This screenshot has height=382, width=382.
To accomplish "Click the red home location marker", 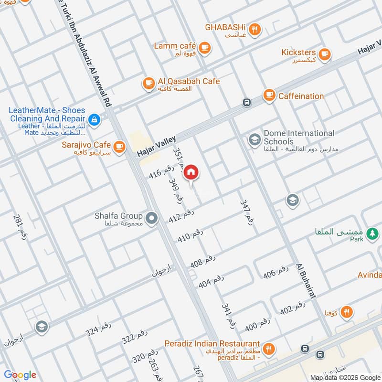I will point(191,172).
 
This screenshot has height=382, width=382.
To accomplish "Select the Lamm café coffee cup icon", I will point(205,47).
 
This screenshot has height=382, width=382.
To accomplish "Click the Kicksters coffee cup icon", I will point(325,54).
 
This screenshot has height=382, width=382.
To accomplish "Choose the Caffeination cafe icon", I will point(269,95).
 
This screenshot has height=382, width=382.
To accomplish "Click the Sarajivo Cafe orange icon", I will point(119,145).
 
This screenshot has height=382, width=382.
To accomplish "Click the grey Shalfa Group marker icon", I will point(152,219).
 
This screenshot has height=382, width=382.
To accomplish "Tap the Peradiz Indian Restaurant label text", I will point(212,344).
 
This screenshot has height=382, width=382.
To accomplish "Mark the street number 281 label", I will point(20,227).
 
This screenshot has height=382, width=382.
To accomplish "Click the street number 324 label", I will point(98,330).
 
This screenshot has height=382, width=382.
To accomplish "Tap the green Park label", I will point(356,239).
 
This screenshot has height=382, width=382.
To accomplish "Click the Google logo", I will point(20,375).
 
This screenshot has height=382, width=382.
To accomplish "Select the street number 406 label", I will point(276,272).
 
